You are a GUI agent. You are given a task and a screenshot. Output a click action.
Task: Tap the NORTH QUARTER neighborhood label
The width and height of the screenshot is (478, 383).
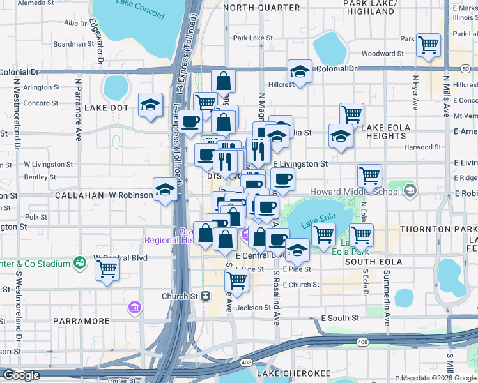click(x=261, y=8)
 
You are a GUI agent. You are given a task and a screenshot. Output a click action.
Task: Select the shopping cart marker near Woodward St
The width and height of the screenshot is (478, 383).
click(x=428, y=45)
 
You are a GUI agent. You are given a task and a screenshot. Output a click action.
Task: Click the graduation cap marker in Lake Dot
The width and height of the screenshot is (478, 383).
click(x=151, y=105)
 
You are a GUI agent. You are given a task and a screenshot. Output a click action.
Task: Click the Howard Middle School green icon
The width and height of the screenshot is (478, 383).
click(x=410, y=190)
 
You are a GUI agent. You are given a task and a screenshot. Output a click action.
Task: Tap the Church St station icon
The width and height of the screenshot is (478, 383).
click(x=206, y=296)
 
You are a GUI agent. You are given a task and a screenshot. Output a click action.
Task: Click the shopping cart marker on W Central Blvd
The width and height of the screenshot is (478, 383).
click(x=107, y=269)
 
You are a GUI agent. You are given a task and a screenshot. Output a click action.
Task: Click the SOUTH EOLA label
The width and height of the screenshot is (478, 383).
click(x=373, y=262)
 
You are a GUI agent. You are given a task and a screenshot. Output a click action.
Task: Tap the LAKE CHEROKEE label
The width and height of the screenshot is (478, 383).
click(x=294, y=373)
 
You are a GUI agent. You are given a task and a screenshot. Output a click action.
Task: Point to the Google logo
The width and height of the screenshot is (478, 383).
click(x=21, y=375)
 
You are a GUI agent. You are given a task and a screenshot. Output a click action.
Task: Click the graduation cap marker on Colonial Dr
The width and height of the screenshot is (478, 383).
click(x=300, y=73)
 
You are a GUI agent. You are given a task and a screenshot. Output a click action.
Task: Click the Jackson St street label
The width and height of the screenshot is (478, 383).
click(x=253, y=308)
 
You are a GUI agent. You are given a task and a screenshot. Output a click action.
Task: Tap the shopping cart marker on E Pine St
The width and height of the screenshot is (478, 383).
click(x=237, y=280)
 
